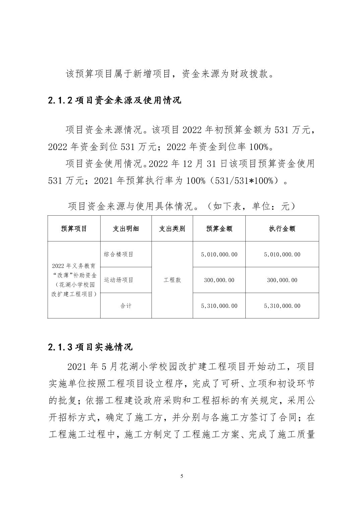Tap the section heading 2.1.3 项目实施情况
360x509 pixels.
[90, 347]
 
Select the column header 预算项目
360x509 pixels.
[74, 229]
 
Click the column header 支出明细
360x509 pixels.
[126, 229]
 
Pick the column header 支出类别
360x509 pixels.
[172, 229]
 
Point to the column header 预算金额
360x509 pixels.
[219, 229]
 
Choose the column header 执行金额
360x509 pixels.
[282, 229]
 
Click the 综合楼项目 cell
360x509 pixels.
[119, 254]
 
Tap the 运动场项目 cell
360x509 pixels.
[119, 280]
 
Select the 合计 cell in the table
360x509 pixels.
[126, 306]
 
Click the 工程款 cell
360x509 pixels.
[172, 280]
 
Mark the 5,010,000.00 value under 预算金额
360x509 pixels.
[219, 254]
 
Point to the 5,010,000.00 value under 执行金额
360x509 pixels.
[282, 254]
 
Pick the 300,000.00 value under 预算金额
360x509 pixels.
[219, 280]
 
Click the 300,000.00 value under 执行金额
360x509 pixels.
[282, 280]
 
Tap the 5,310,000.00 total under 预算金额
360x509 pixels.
[219, 306]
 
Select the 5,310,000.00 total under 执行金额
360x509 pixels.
[282, 306]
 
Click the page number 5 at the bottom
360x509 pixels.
[182, 476]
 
